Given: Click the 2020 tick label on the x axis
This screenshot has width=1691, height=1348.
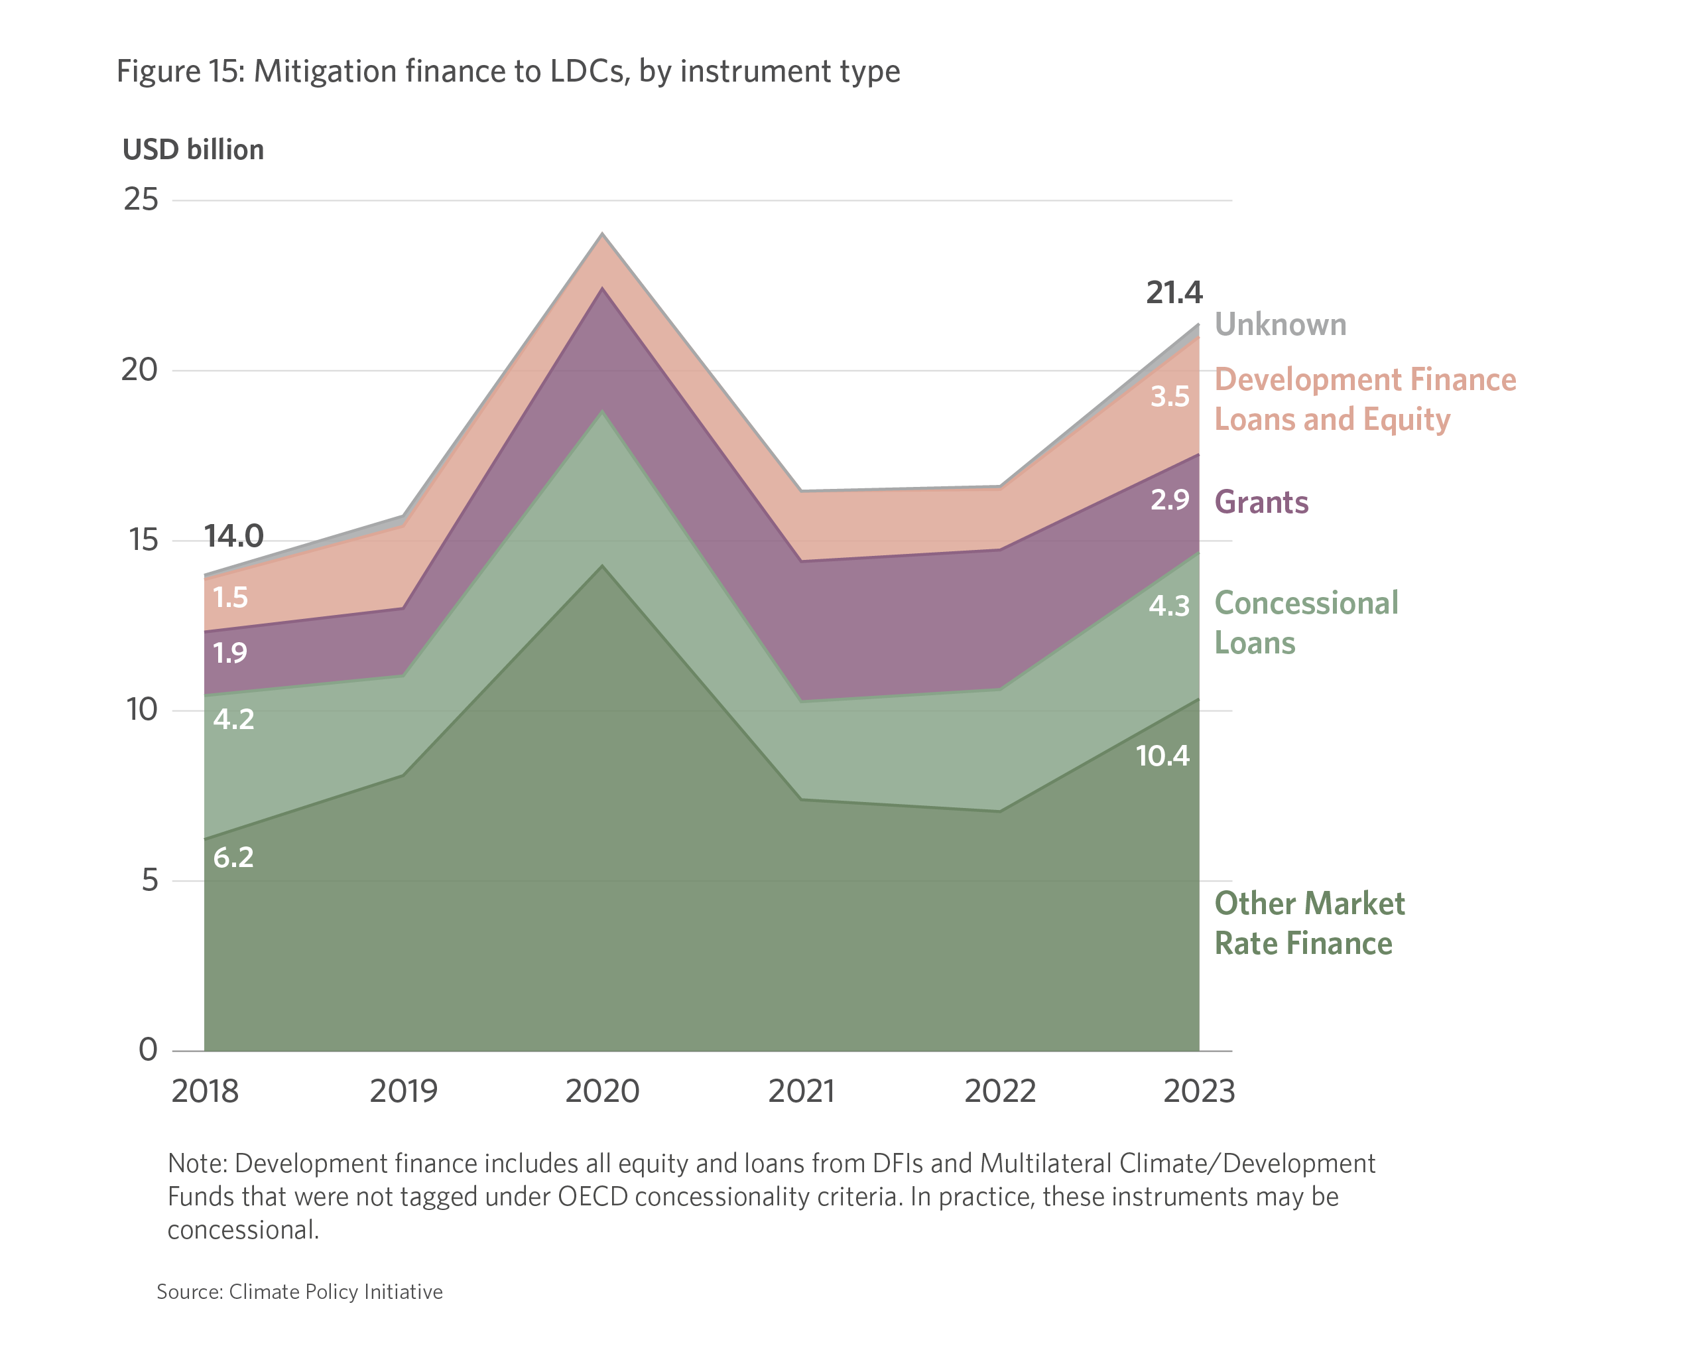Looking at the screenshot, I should [601, 1091].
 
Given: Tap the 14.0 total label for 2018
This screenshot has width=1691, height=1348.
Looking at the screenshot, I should [233, 537].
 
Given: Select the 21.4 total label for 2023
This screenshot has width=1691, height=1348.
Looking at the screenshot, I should [1173, 293].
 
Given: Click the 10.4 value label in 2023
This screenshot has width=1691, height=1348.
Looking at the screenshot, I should [1162, 756].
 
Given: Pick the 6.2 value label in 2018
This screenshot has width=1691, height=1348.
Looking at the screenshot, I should [233, 857].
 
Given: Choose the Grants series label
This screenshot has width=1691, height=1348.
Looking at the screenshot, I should [1261, 502].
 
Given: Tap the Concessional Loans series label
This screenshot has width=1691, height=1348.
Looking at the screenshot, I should [1306, 623].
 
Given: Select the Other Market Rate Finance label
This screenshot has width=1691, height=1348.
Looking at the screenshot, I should [1309, 923].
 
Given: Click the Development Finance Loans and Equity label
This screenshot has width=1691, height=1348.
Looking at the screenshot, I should [1365, 399].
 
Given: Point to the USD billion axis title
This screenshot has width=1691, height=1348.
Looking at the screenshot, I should [193, 150].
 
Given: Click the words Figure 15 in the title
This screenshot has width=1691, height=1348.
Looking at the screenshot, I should [181, 72].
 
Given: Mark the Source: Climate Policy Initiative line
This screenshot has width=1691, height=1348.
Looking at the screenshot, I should [300, 1292].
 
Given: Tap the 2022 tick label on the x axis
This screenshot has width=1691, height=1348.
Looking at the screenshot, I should [1000, 1091].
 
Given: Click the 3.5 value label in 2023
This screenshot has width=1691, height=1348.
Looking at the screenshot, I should [1169, 396].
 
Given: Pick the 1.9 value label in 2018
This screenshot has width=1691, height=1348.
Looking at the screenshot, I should [230, 653].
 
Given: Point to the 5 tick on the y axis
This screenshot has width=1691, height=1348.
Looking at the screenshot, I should [150, 880].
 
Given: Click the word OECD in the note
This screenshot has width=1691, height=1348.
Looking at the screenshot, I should [593, 1197].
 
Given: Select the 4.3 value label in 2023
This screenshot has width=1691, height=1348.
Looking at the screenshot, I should [1168, 606].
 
